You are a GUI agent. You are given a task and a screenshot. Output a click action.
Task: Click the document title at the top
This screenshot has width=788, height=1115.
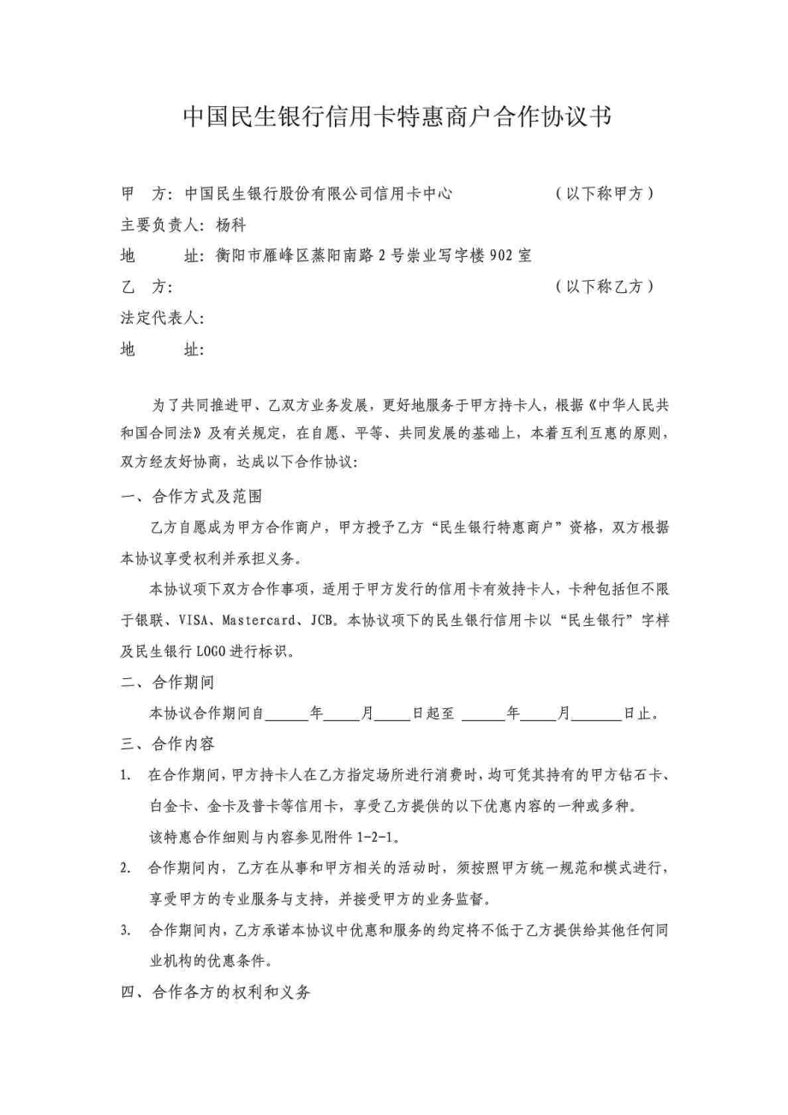[x=397, y=117]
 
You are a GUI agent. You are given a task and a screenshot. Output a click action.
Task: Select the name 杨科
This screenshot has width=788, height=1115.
[x=231, y=226]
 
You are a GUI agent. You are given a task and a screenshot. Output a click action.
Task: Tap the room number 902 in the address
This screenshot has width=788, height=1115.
[x=499, y=256]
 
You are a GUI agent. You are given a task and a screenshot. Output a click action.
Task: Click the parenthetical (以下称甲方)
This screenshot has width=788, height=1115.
[x=605, y=194]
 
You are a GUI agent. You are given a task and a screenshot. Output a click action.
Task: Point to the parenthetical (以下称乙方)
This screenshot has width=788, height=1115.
[x=605, y=287]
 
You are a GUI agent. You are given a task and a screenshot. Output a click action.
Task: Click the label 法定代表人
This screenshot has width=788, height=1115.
[x=160, y=319]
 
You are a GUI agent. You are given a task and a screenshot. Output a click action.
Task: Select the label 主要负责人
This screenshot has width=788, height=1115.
[x=160, y=226]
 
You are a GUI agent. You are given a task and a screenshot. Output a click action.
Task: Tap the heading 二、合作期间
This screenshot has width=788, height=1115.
[x=168, y=683]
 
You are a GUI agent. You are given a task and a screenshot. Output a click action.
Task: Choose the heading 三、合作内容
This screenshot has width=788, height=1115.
[x=168, y=743]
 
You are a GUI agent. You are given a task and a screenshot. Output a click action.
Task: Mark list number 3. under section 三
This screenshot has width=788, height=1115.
[x=125, y=929]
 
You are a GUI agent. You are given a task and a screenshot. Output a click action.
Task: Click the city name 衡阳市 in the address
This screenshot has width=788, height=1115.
[x=237, y=256]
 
